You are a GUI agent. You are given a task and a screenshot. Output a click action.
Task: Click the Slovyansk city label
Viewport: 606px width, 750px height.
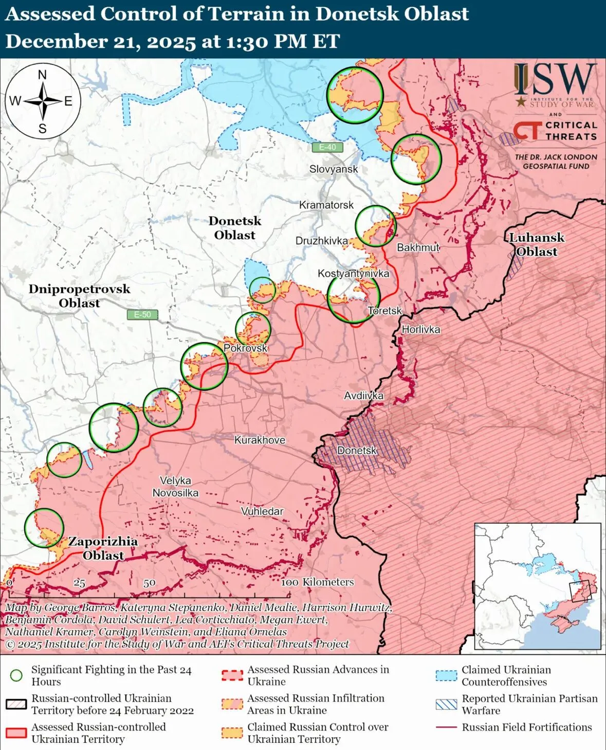(333, 169)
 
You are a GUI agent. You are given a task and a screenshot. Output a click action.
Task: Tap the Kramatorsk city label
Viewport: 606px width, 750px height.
(326, 205)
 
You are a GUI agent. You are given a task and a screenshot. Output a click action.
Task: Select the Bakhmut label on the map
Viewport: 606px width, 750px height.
(418, 247)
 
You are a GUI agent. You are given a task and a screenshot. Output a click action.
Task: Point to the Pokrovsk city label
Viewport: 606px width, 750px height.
(245, 348)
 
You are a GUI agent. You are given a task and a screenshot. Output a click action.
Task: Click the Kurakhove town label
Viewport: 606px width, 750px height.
(260, 440)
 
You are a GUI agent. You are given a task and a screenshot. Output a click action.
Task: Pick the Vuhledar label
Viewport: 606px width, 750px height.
(262, 511)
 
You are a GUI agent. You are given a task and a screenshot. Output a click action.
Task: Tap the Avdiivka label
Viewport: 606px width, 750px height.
(363, 396)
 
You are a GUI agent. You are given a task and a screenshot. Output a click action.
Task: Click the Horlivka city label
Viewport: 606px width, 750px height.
(420, 329)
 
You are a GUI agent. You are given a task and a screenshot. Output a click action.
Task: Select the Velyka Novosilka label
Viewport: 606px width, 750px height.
(175, 487)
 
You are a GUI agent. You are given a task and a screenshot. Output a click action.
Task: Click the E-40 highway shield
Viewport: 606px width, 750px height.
(327, 147)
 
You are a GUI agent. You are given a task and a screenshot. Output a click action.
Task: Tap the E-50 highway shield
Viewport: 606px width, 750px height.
(142, 314)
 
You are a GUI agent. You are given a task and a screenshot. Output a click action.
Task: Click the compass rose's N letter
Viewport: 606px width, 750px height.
(42, 75)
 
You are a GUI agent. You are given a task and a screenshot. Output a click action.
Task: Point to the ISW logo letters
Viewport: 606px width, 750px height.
(555, 80)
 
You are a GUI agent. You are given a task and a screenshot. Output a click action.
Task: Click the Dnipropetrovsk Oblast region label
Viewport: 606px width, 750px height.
(79, 296)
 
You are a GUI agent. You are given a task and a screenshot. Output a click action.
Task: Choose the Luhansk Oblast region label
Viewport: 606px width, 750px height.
(537, 244)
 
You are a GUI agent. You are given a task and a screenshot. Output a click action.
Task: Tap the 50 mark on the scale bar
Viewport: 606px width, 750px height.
(149, 583)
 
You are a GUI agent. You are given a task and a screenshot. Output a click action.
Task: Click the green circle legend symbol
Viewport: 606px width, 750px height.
(16, 675)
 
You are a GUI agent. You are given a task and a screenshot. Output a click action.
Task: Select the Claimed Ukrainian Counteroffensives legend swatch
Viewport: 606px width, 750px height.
(446, 675)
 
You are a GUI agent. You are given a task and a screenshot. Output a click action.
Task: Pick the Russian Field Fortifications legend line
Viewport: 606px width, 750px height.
(446, 727)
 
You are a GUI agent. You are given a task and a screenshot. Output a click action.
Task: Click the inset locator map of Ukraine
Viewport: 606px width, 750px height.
(538, 586)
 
